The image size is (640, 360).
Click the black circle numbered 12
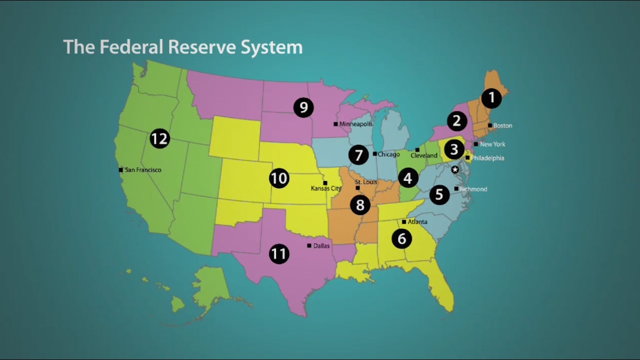tap(159, 138)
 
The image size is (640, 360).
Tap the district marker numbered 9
tap(303, 107)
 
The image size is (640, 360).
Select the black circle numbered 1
tap(491, 98)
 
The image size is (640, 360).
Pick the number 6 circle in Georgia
tap(401, 239)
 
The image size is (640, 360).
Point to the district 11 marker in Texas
tap(279, 254)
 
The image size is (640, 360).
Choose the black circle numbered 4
tap(408, 178)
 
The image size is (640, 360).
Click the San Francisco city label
tap(143, 170)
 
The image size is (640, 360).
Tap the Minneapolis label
tap(356, 124)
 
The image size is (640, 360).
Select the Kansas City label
tap(326, 188)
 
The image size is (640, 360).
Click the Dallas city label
tap(321, 246)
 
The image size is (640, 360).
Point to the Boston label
tap(502, 125)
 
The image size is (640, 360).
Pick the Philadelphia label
tap(487, 158)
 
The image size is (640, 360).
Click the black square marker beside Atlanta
tap(404, 221)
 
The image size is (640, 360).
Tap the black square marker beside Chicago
tap(374, 154)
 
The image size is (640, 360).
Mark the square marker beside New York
tap(476, 144)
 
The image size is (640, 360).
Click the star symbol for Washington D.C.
tap(455, 170)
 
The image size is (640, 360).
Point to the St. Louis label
tap(366, 182)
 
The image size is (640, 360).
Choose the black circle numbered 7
tap(358, 155)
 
